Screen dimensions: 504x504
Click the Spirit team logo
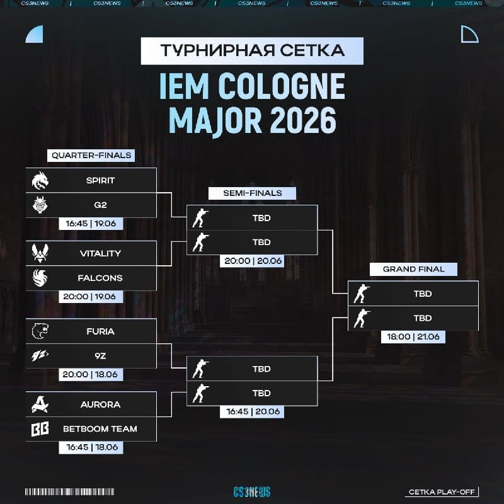pyautogui.click(x=40, y=180)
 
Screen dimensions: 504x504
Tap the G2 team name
pyautogui.click(x=100, y=205)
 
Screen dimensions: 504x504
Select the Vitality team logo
pyautogui.click(x=40, y=253)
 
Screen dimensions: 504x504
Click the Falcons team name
pyautogui.click(x=100, y=278)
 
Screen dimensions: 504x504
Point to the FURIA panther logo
pyautogui.click(x=40, y=331)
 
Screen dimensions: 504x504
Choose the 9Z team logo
pyautogui.click(x=40, y=355)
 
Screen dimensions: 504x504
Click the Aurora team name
pyautogui.click(x=100, y=404)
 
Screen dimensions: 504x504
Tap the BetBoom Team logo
pyautogui.click(x=40, y=429)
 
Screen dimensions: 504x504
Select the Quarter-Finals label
pyautogui.click(x=91, y=155)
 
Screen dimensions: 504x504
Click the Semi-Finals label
pyautogui.click(x=253, y=193)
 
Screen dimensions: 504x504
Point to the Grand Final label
pyautogui.click(x=413, y=269)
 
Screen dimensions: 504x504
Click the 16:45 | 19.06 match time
pyautogui.click(x=91, y=224)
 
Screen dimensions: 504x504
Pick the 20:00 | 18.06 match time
pyautogui.click(x=91, y=374)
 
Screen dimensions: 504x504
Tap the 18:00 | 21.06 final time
pyautogui.click(x=413, y=337)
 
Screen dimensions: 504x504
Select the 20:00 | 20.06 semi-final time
pyautogui.click(x=253, y=261)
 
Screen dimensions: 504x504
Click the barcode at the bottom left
pyautogui.click(x=70, y=492)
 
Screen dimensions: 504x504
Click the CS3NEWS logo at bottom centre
pyautogui.click(x=252, y=492)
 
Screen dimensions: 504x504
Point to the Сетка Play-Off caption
pyautogui.click(x=442, y=492)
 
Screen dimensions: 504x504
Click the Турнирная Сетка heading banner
pyautogui.click(x=253, y=51)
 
